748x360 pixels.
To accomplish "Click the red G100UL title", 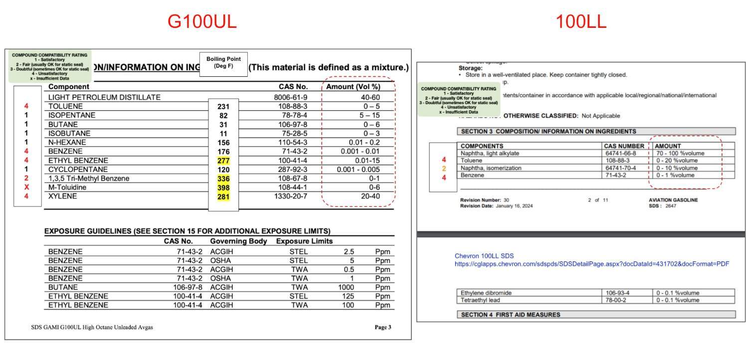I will [201, 21].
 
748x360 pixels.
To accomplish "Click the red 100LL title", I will [580, 21].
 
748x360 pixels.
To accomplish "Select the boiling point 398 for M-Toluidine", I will [223, 187].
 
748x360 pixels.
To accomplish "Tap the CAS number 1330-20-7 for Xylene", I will [291, 196].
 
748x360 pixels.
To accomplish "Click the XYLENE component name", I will [62, 196].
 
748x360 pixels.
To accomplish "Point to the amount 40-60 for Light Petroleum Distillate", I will [370, 98].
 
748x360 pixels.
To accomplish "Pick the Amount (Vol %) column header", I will [353, 86].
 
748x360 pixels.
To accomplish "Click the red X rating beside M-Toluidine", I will [26, 187].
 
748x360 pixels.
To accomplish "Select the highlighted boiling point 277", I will [223, 161].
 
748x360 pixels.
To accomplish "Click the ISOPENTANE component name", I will [72, 115].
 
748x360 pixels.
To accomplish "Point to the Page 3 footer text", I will [382, 328].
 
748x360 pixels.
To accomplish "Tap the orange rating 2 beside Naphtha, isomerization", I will [443, 168].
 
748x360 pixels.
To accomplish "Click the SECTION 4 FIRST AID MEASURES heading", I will [510, 315].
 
